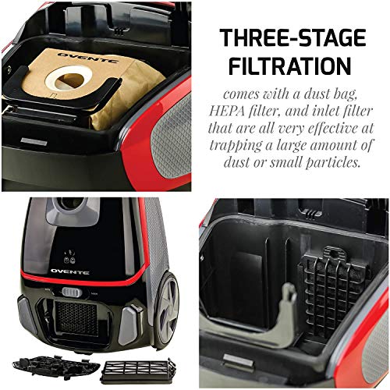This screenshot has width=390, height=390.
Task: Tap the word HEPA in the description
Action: [x=248, y=110]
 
